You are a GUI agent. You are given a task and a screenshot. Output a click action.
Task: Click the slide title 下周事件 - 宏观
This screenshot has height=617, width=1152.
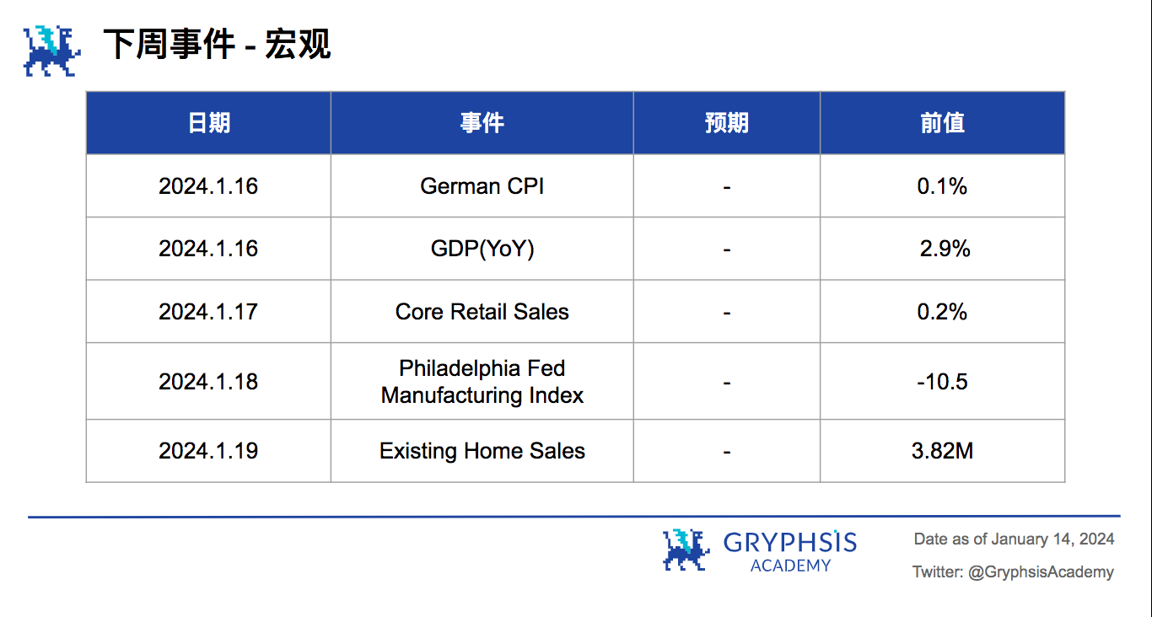pos(217,45)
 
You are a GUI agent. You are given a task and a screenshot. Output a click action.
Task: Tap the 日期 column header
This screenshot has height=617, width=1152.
pos(208,123)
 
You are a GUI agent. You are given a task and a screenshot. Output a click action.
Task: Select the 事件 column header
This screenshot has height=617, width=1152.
pos(482,123)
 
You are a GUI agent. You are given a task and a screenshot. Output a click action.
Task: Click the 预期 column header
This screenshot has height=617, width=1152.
pos(726,123)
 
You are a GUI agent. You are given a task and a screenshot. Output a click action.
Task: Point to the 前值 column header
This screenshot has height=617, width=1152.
pos(942,123)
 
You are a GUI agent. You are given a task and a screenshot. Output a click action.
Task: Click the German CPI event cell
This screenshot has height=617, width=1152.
pos(482,186)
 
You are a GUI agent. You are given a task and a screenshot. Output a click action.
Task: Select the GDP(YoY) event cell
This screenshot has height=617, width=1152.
pos(482,249)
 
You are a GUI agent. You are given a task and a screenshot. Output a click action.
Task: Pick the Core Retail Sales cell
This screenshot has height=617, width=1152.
pos(482,312)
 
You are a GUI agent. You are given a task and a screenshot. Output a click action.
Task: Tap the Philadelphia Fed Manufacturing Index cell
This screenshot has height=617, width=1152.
pos(482,382)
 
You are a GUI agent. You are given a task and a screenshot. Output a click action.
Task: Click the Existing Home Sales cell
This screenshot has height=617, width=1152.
pos(482,451)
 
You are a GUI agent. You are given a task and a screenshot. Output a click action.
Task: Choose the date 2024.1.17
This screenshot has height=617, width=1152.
pos(208,312)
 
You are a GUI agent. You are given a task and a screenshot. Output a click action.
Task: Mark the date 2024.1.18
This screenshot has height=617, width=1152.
pos(208,382)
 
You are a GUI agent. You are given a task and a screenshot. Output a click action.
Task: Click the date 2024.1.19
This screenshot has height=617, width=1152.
pos(208,451)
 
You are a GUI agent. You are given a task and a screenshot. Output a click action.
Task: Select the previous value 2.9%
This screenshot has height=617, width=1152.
pos(945,249)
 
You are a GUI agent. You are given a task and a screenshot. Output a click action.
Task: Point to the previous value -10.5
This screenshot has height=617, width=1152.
pos(942,382)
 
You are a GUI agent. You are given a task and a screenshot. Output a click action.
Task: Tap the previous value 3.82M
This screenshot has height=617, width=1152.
pos(942,451)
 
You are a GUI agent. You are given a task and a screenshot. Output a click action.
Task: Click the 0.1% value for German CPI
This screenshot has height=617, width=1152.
pos(942,186)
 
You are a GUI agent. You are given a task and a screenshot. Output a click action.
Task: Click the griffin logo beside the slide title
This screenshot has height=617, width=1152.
pos(51,51)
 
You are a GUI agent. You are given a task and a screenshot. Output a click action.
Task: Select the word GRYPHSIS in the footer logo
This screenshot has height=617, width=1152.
pos(789,542)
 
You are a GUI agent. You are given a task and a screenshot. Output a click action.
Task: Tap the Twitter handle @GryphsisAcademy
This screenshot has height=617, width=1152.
pos(1041,572)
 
